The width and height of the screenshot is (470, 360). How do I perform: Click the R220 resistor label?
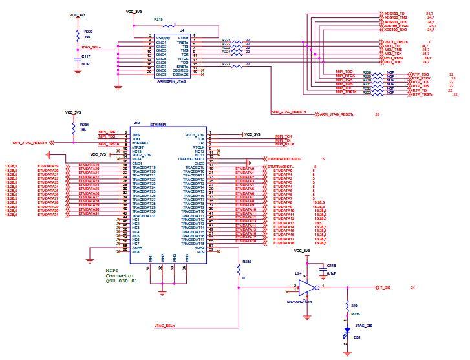88,31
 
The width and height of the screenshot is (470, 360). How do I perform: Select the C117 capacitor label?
85,57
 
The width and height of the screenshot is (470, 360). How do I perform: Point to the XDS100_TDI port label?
395,13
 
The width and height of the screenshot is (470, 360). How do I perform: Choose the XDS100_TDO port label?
395,30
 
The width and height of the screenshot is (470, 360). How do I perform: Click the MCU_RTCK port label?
394,58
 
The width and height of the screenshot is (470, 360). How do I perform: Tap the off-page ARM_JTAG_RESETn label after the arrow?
338,114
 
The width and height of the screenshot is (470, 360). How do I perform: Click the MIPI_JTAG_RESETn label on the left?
30,143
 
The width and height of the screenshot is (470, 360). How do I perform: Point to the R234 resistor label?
85,125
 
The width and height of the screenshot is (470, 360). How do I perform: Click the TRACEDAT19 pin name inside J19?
144,167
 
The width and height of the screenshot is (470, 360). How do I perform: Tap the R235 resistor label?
246,262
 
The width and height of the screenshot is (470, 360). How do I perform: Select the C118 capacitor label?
331,265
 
